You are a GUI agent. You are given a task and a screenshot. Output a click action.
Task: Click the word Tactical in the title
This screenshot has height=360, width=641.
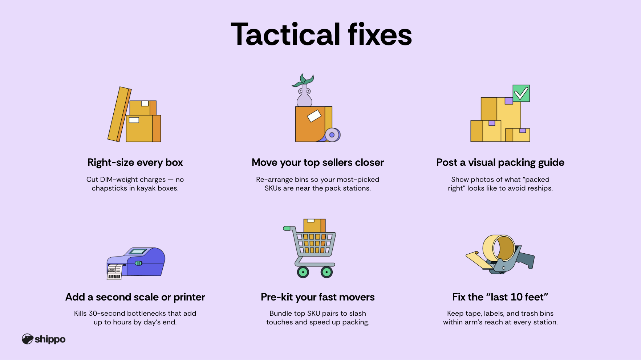[286, 34]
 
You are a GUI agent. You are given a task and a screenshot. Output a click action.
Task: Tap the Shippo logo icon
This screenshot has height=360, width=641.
[28, 339]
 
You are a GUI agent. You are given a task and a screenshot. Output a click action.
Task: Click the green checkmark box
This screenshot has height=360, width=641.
[521, 93]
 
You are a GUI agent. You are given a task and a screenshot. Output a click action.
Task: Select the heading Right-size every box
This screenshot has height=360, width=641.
[135, 163]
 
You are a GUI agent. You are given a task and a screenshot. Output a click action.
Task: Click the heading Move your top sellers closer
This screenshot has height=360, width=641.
[318, 163]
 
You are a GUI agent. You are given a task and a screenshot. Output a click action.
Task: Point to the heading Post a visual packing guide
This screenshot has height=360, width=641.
[500, 163]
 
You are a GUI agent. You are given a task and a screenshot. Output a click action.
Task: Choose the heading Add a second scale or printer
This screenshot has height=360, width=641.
[135, 297]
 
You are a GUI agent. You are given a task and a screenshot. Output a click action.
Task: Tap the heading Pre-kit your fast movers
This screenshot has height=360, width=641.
[318, 297]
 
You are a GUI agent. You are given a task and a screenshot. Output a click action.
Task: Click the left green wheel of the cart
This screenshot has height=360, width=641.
[303, 272]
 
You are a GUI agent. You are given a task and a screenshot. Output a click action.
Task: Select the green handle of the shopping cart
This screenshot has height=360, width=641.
[287, 228]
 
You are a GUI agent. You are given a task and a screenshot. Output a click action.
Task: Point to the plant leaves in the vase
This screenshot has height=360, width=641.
[304, 81]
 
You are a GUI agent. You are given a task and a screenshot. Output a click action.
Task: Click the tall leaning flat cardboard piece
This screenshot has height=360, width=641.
[119, 114]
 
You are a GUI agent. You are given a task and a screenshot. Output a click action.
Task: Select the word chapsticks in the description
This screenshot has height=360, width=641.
[109, 188]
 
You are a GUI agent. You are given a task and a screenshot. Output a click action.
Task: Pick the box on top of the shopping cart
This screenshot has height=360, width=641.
[315, 225]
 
